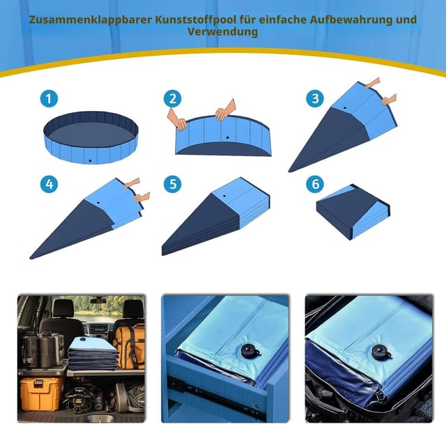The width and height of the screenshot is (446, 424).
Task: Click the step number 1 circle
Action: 48,98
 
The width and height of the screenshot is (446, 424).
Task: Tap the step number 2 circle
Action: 173,98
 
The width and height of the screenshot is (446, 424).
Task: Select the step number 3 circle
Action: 314,98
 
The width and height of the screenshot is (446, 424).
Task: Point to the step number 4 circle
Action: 48,184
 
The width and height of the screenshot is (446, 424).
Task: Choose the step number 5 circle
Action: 173,184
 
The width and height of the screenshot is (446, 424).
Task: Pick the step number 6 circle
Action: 314,184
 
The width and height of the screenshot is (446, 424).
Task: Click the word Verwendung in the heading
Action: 222,32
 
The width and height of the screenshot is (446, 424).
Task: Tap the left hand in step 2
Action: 178,119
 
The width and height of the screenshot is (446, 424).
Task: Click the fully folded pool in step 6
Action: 352,211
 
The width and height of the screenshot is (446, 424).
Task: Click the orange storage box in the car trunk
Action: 41,393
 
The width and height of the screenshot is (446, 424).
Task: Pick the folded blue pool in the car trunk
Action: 91,354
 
